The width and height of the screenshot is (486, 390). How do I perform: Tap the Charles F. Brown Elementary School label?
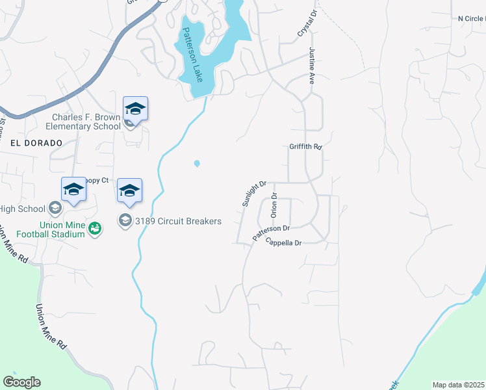click(x=87, y=122)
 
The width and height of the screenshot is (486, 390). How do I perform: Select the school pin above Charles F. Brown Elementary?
click(x=135, y=108)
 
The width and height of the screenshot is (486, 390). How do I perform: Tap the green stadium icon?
click(x=95, y=228)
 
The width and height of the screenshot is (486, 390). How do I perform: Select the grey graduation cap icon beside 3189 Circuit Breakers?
click(x=124, y=221)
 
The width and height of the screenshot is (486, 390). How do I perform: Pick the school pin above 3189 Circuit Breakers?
click(x=129, y=190)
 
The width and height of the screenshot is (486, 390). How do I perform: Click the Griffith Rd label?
click(x=306, y=148)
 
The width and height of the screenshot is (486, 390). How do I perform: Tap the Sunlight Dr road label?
click(x=255, y=194)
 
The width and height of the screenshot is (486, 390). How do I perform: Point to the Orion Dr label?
click(x=274, y=205)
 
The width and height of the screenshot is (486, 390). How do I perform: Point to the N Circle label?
click(x=471, y=18)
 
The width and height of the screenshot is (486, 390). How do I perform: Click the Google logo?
click(x=21, y=382)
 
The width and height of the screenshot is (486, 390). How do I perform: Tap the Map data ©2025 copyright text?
click(x=458, y=385)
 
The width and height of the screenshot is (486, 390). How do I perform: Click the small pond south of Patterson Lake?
click(x=197, y=163)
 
